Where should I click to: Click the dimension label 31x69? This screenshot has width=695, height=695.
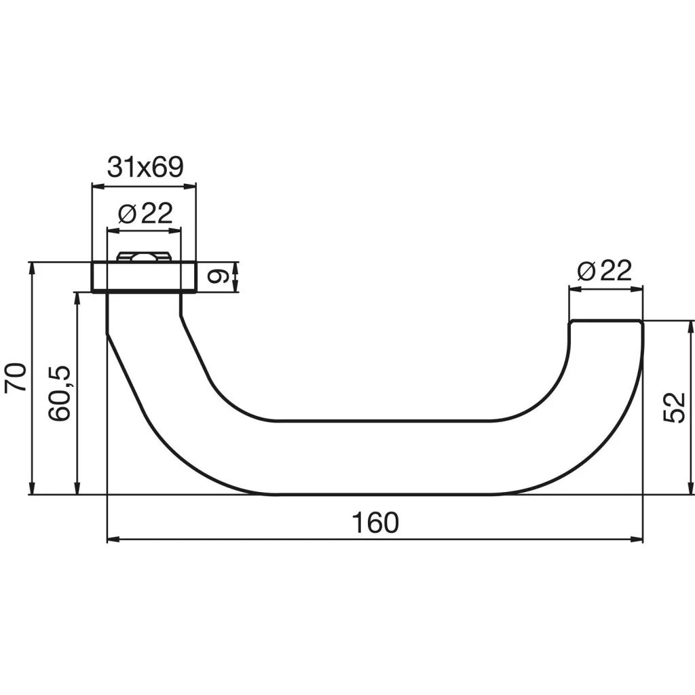145,167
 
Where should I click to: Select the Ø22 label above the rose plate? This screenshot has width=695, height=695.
145,213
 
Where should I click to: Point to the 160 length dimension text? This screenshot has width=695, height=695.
375,523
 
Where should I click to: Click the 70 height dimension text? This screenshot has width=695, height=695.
16,377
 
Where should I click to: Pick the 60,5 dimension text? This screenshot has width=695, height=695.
60,394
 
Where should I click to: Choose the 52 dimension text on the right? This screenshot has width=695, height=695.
674,407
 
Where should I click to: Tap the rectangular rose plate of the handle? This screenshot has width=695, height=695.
144,277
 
